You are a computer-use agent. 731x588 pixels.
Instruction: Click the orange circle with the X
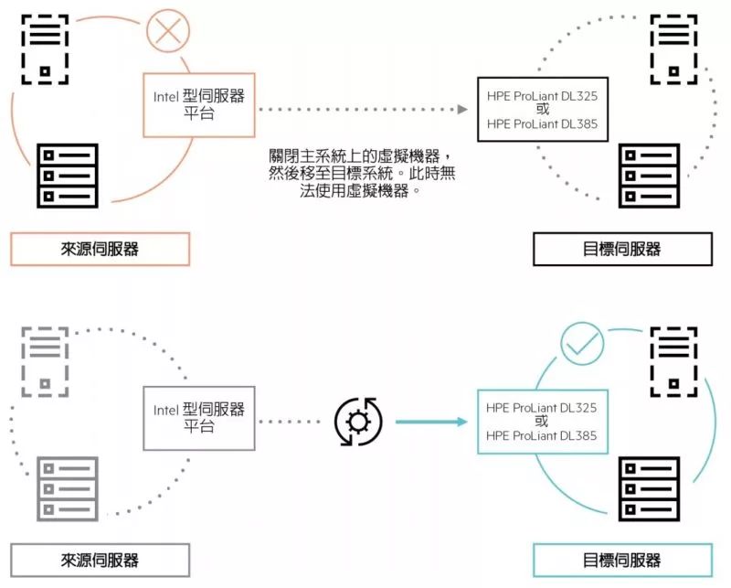tap(168, 30)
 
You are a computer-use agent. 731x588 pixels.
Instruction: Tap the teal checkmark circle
tap(582, 344)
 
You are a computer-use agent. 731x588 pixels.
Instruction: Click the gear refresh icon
tap(358, 422)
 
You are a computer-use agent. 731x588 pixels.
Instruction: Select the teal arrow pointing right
tap(431, 422)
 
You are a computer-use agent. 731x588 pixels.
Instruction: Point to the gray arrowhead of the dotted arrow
tap(462, 109)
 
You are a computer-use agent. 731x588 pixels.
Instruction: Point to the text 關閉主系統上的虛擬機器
tap(355, 156)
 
